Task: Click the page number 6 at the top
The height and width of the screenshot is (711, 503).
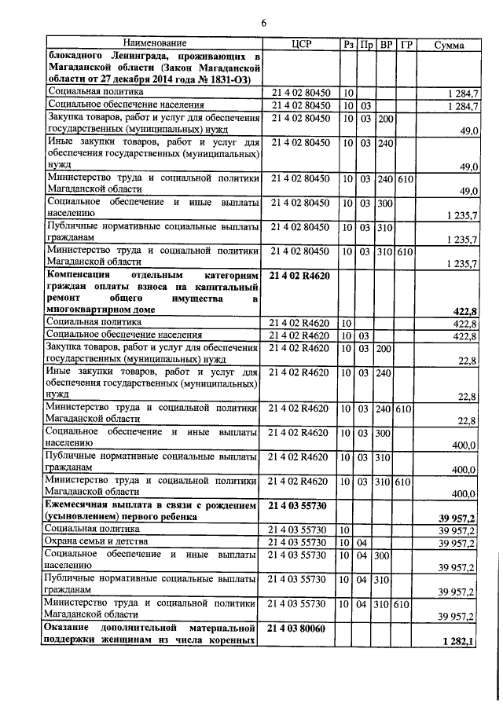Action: (x=264, y=24)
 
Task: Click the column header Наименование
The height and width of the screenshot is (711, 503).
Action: (x=154, y=45)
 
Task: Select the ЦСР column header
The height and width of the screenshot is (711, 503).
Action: (x=302, y=45)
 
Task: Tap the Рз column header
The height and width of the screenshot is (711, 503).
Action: (x=348, y=45)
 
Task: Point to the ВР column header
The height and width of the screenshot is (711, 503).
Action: (x=386, y=45)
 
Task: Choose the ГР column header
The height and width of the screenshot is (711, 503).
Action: (x=406, y=45)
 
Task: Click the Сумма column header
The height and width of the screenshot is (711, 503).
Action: (x=450, y=45)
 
